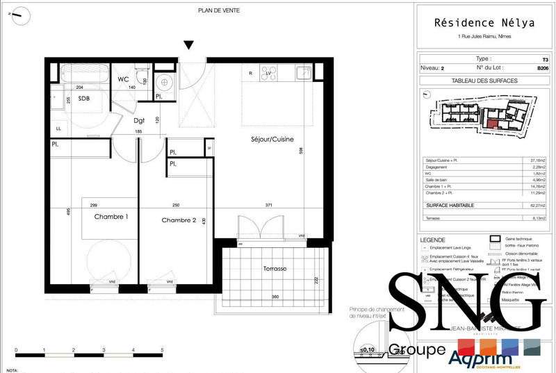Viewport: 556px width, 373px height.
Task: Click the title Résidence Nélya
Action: point(485,22)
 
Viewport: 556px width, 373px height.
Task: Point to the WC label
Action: point(123,79)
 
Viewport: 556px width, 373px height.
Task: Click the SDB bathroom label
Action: point(83,99)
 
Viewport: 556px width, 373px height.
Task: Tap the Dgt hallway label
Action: point(139,120)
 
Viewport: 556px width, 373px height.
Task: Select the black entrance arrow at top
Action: point(188,46)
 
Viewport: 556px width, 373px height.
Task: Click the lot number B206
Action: point(542,69)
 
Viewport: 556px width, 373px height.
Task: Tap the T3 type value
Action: point(544,60)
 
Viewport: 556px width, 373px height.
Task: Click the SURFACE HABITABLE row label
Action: point(450,206)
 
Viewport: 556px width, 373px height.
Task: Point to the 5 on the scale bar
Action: point(162,350)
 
